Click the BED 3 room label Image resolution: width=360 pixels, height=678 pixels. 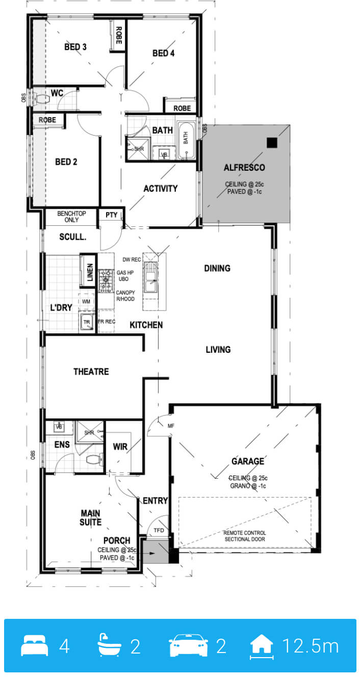[75, 47]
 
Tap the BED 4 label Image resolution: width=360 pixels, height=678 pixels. [164, 53]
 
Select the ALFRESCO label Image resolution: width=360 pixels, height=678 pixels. [244, 167]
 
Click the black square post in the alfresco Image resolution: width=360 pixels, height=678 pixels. [272, 143]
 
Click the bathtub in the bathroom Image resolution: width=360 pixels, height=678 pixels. [186, 140]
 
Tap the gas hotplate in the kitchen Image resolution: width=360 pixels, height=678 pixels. [106, 280]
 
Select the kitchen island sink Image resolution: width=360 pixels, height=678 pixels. [151, 277]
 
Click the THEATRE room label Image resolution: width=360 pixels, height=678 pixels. [91, 372]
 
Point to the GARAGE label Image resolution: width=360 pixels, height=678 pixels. [248, 461]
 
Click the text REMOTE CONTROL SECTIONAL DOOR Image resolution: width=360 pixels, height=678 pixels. [245, 536]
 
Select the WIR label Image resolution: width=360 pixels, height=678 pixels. [120, 447]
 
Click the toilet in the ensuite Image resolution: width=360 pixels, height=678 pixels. [94, 460]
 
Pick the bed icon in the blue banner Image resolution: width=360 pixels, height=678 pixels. [34, 645]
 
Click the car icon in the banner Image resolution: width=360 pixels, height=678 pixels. [188, 645]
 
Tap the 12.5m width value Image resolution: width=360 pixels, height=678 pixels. [311, 645]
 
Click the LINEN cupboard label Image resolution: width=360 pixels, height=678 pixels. [90, 272]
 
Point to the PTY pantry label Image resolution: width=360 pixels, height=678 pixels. [112, 215]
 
